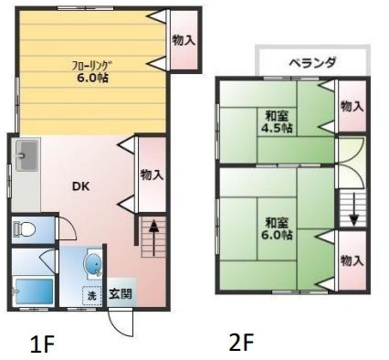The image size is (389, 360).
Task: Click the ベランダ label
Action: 312,63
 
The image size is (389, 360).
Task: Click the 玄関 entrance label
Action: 120,294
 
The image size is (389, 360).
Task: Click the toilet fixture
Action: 23,230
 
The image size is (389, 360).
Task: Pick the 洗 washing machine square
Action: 91,295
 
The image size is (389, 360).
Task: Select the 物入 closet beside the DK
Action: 152,174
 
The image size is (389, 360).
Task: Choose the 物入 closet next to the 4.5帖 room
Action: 351,106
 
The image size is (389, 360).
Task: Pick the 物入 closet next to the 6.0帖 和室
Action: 351,260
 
